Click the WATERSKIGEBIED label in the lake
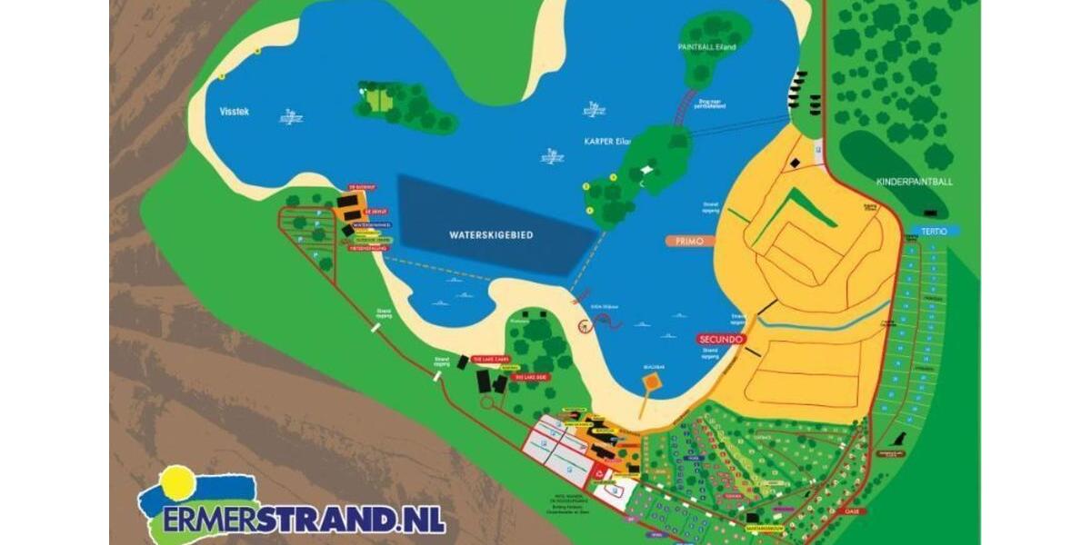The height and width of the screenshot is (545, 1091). pos(491,234)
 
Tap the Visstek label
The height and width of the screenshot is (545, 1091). pos(234,112)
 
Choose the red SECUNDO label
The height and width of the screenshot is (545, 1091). pos(722,339)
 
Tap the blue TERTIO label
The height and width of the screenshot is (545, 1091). pos(932,232)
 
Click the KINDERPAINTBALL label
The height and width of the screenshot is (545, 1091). pos(915,182)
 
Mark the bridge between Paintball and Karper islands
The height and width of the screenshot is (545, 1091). pos(684,109)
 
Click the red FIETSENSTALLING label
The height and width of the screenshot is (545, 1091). pos(368,247)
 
